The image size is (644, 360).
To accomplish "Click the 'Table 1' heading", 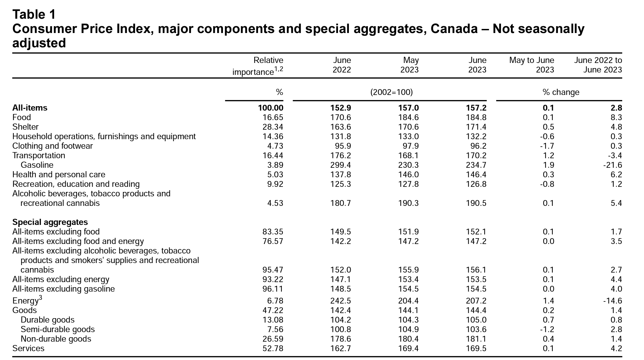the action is click(34, 14).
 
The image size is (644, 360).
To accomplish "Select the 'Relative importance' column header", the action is click(258, 66).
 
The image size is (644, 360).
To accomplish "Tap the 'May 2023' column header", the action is click(409, 65).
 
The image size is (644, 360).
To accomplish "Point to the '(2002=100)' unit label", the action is click(391, 92).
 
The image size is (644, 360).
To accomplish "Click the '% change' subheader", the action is click(561, 92).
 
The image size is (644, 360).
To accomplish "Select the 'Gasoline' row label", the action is click(37, 165).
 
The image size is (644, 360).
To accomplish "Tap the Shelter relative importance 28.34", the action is click(273, 127).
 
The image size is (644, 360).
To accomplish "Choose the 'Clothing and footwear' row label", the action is click(52, 146).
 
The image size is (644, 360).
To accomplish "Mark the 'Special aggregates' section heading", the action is click(50, 222).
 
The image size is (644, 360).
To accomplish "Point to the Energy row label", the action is click(27, 300).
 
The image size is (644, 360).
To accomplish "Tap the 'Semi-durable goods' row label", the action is click(58, 329).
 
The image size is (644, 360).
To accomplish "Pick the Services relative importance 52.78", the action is click(273, 348).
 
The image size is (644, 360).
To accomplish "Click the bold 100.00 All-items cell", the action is click(271, 108).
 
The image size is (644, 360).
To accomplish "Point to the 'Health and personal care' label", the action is click(59, 175).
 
